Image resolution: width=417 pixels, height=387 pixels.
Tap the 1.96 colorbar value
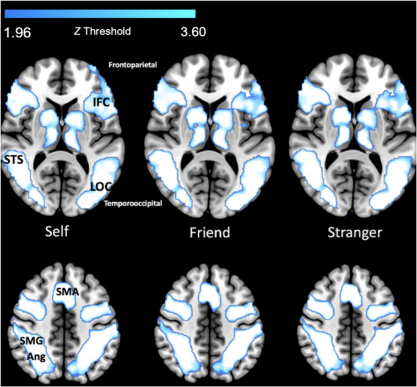[17, 32]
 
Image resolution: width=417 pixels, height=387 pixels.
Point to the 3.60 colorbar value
[193, 31]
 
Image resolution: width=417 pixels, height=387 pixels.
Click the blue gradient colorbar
[100, 13]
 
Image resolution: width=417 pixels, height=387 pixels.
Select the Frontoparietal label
[133, 64]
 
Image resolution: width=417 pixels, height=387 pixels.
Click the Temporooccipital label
[133, 204]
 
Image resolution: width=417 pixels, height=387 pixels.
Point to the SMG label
[26, 341]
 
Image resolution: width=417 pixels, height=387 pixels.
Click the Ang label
[35, 356]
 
